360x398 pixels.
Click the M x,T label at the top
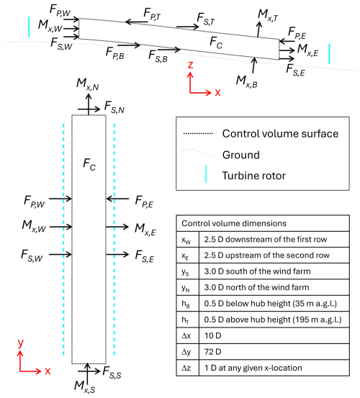pyautogui.click(x=268, y=15)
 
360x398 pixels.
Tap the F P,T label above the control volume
pyautogui.click(x=152, y=14)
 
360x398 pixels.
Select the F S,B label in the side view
pyautogui.click(x=158, y=56)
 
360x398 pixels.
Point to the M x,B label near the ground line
pyautogui.click(x=246, y=81)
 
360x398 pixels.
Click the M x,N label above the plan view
pyautogui.click(x=88, y=84)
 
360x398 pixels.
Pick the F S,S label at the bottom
pyautogui.click(x=112, y=373)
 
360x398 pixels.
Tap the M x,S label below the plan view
pyautogui.click(x=84, y=386)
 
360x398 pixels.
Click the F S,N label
pyautogui.click(x=114, y=107)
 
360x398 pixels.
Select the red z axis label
pyautogui.click(x=190, y=65)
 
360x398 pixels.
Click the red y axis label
pyautogui.click(x=21, y=343)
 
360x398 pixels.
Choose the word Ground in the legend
pyautogui.click(x=241, y=155)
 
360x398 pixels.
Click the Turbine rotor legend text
pyautogui.click(x=254, y=176)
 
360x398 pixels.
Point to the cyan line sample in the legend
pyautogui.click(x=206, y=174)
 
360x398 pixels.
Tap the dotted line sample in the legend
pyautogui.click(x=198, y=134)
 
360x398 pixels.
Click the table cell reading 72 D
pyautogui.click(x=212, y=352)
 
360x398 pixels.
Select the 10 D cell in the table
pyautogui.click(x=212, y=335)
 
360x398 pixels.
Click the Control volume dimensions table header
pyautogui.click(x=234, y=223)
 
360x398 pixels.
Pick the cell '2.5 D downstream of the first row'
pyautogui.click(x=266, y=240)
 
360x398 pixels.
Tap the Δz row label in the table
pyautogui.click(x=186, y=368)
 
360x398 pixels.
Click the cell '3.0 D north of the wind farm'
pyautogui.click(x=256, y=287)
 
